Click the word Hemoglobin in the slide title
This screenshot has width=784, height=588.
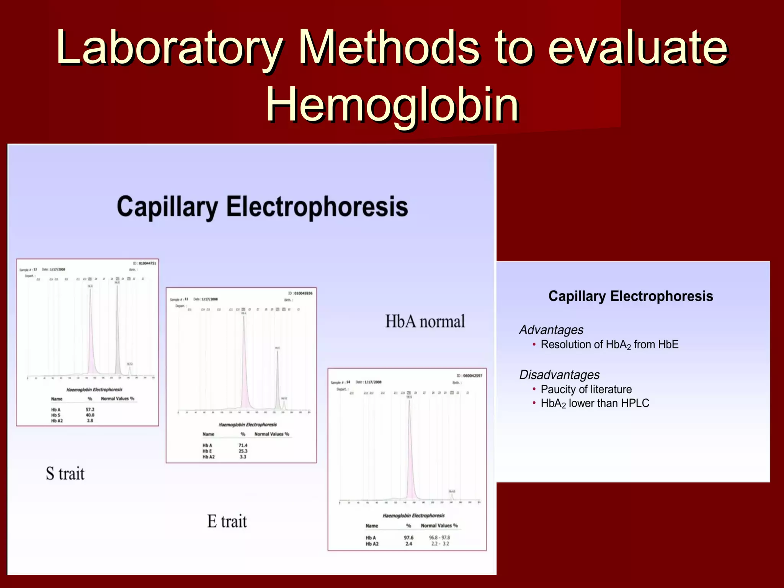coord(392,104)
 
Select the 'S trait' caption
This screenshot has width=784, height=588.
coord(65,474)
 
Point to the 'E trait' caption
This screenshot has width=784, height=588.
coord(227,521)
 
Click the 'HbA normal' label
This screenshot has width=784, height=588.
coord(425,322)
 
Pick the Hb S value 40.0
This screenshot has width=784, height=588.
coord(90,415)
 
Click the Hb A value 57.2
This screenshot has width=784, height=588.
coord(90,410)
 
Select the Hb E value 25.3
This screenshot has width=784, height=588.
coord(243,451)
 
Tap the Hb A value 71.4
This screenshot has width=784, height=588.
coord(243,445)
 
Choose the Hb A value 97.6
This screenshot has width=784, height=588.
coord(408,538)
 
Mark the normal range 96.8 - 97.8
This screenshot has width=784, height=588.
coord(439,538)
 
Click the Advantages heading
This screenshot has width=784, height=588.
coord(551,330)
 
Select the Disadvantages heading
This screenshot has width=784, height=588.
coord(559,375)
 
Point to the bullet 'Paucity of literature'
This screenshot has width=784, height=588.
coord(586,389)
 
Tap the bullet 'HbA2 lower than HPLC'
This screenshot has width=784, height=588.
coord(595,403)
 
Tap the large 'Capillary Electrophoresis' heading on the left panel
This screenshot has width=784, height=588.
coord(262,207)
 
